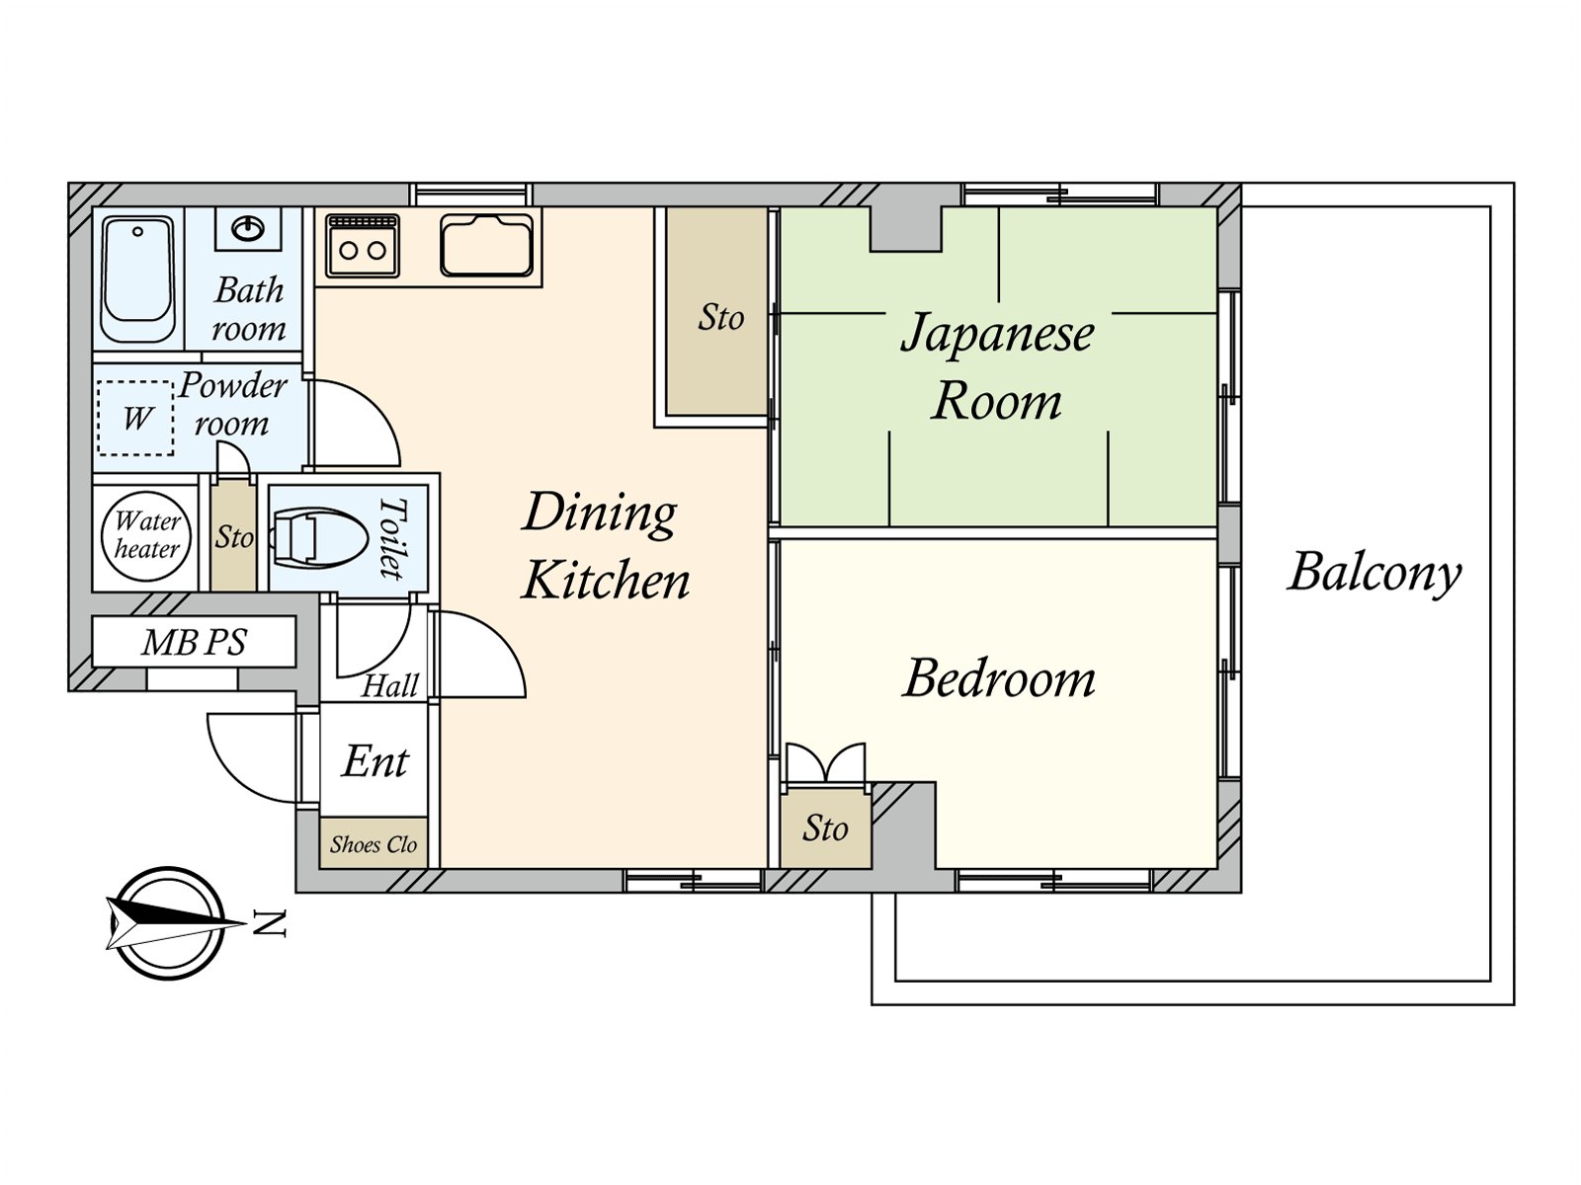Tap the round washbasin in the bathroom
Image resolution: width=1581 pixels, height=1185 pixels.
click(x=248, y=229)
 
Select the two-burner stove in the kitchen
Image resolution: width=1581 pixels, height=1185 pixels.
click(x=363, y=245)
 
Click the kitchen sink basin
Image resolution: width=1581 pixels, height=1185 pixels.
click(x=487, y=245)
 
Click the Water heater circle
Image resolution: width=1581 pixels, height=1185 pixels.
click(x=146, y=536)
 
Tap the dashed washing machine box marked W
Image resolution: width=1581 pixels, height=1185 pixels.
click(x=135, y=418)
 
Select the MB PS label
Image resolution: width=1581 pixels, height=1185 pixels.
click(x=194, y=642)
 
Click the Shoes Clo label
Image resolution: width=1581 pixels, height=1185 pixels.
click(x=374, y=844)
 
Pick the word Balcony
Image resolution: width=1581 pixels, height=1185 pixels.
click(x=1374, y=575)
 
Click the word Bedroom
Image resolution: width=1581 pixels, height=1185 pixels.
click(x=998, y=678)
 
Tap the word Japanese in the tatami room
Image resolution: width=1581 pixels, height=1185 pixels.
click(x=998, y=334)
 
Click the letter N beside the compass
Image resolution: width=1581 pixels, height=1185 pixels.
click(x=270, y=924)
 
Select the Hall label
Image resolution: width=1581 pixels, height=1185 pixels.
click(x=389, y=685)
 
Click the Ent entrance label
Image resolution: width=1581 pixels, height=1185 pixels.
click(x=375, y=761)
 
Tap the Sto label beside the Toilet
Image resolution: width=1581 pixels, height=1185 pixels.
click(x=234, y=537)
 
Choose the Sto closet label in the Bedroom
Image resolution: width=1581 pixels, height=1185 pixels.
click(x=825, y=829)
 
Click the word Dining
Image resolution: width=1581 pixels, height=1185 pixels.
click(x=599, y=513)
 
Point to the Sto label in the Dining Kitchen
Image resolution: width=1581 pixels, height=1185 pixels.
click(x=720, y=317)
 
